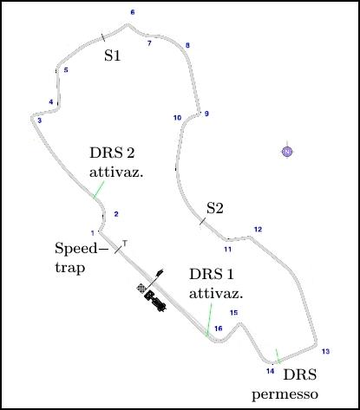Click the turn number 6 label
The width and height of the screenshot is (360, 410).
pos(133,12)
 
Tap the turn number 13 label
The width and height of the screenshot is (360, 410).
pos(325,351)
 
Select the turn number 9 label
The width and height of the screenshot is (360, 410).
pos(206,114)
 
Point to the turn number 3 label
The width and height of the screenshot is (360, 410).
pos(40,120)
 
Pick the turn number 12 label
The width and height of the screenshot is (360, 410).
pos(258,230)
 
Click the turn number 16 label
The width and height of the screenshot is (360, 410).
pos(219,329)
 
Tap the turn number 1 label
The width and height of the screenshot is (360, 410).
pos(93,233)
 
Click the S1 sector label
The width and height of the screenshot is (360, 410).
pos(112,55)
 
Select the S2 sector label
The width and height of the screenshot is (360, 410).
pos(215,208)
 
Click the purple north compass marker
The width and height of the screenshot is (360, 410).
pos(287,152)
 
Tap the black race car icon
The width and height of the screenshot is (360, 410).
pos(155,301)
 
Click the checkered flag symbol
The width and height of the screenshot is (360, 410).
pos(141,289)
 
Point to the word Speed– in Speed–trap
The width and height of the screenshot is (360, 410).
pos(82,249)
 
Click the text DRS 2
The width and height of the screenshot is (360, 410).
pos(112,153)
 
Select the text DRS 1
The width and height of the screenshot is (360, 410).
pos(211,274)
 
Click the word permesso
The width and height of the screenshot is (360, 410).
pos(285,394)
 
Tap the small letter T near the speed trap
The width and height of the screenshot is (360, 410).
pos(125,243)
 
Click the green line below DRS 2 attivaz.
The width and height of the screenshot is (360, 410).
pos(98,190)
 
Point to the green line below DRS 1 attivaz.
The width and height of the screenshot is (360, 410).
pos(209,320)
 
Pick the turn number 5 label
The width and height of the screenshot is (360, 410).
pos(66,70)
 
